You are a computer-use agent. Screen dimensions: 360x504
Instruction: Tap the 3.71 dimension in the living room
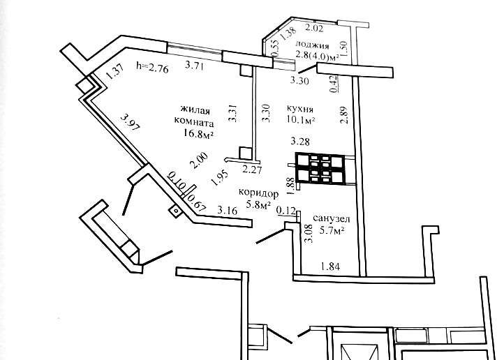[195, 67]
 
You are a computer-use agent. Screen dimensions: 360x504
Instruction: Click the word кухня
[299, 110]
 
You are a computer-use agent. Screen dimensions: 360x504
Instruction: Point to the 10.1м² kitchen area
[302, 121]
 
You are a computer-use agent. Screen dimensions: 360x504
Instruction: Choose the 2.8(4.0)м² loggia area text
[317, 56]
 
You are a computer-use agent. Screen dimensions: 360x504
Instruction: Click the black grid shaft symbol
[318, 167]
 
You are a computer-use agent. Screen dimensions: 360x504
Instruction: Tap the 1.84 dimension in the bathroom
[330, 266]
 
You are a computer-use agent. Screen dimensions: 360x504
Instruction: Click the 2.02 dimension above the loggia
[316, 29]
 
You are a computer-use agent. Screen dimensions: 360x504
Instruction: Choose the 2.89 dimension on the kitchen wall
[343, 114]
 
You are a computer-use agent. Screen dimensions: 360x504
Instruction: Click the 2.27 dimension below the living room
[251, 169]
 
